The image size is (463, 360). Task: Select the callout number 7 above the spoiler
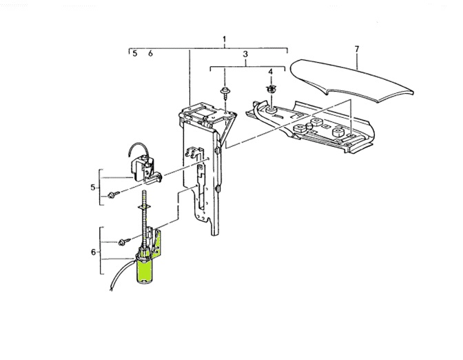[x=356, y=49]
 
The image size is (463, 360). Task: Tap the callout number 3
[x=245, y=54]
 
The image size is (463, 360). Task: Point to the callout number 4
[x=271, y=72]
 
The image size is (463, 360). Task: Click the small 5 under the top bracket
[x=135, y=53]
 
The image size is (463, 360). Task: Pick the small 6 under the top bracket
[x=150, y=53]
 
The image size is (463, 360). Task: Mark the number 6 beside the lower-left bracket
[x=93, y=252]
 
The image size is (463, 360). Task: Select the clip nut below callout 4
[x=271, y=89]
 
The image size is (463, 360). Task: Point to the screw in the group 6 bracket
[x=123, y=241]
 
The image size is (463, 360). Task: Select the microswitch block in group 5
[x=143, y=169]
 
